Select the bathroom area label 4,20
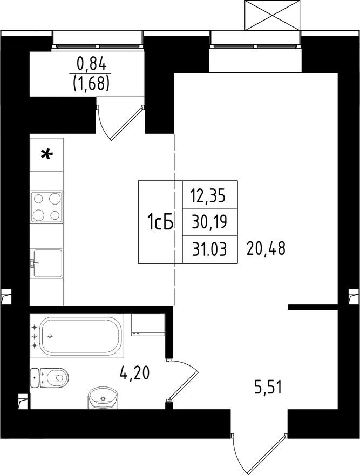click(x=134, y=372)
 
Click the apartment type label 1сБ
click(x=160, y=222)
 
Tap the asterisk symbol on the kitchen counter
click(x=47, y=155)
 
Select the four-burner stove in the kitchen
click(x=46, y=207)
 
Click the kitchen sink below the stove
click(x=47, y=263)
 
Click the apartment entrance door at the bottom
click(x=258, y=451)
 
